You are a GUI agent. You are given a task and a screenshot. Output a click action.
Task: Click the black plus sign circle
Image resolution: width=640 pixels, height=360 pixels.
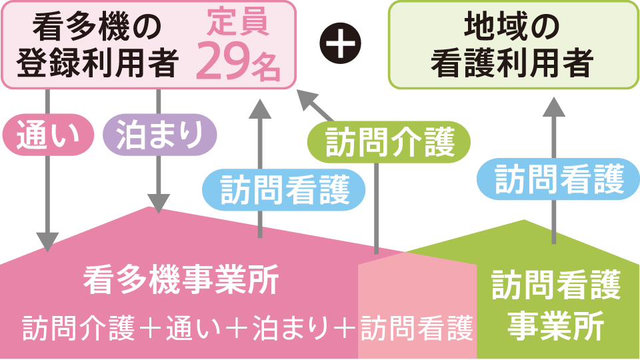pyautogui.click(x=340, y=45)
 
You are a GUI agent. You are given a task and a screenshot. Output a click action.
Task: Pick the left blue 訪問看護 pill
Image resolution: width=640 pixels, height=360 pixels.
pyautogui.click(x=284, y=189)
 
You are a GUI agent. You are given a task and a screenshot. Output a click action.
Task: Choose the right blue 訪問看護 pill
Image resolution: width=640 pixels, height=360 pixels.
pyautogui.click(x=559, y=178)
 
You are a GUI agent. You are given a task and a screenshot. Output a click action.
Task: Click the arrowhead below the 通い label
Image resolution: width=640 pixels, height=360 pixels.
pyautogui.click(x=47, y=241)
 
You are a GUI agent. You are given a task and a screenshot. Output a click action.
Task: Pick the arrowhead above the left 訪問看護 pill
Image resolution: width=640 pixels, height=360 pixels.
pyautogui.click(x=259, y=108)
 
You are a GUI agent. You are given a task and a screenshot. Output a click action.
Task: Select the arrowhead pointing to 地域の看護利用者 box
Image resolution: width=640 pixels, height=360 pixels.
pyautogui.click(x=553, y=107)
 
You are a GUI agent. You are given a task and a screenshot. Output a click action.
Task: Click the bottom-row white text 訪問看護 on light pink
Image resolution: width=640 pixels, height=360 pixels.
pyautogui.click(x=417, y=327)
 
